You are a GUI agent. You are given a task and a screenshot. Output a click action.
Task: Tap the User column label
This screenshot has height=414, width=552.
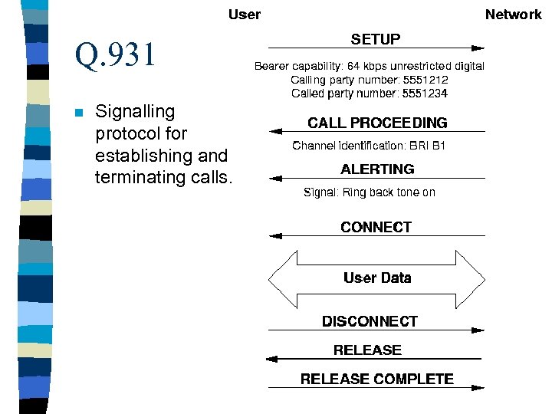coord(244,15)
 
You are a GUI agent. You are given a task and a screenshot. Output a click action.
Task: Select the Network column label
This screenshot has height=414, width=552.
coord(513,15)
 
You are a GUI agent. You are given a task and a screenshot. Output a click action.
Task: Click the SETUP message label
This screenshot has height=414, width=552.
coord(375,39)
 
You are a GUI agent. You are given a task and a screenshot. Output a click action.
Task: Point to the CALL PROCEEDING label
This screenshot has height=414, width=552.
coord(377,123)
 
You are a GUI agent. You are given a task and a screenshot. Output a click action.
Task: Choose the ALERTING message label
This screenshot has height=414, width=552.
coord(377,169)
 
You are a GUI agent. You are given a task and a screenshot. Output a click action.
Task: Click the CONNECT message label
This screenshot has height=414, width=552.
coord(376,227)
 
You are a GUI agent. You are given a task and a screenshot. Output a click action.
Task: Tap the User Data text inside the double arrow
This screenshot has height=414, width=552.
coord(377,278)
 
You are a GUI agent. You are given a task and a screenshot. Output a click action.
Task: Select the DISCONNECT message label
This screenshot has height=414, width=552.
coord(370,321)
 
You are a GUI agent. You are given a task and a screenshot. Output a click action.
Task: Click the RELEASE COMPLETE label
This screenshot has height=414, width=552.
coord(376,379)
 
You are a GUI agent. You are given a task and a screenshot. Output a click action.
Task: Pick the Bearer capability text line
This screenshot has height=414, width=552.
coord(370,66)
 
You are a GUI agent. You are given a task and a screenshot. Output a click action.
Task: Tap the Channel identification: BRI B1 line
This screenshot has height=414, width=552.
coord(369,146)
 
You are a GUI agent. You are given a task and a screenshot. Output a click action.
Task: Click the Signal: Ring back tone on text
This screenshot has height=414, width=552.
coord(370,192)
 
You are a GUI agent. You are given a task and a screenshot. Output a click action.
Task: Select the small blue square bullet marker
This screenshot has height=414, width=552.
coord(78,113)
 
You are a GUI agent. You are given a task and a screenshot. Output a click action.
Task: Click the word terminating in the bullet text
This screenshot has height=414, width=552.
coord(132,178)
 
